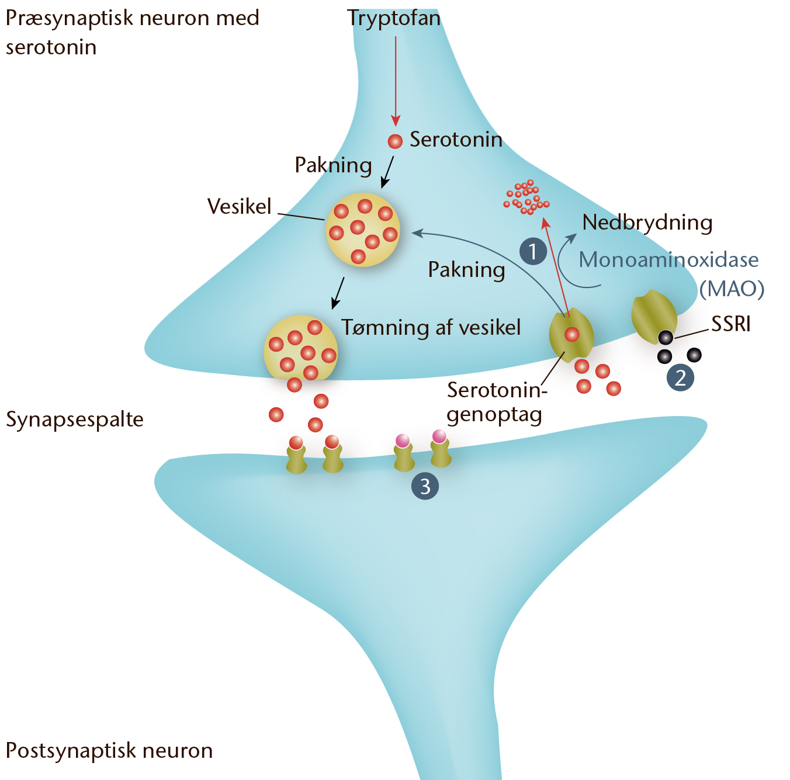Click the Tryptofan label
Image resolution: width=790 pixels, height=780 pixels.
pos(394,19)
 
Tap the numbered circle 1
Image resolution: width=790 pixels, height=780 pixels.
pos(533,251)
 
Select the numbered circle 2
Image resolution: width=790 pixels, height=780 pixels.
pos(680,377)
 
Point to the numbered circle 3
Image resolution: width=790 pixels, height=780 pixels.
pos(425,486)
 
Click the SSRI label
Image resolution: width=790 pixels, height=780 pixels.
pos(731,324)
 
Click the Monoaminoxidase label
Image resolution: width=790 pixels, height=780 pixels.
pos(668,259)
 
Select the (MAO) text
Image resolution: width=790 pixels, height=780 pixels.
pos(732,289)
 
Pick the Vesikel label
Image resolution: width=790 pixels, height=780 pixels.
pos(240,206)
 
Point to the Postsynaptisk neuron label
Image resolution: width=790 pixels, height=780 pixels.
pos(109,750)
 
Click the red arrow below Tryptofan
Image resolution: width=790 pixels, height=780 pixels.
pos(396,81)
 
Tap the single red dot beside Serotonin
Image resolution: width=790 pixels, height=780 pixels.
pos(395,141)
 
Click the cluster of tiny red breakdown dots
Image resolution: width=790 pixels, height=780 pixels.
pos(526,197)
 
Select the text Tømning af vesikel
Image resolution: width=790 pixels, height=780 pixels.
pos(431,328)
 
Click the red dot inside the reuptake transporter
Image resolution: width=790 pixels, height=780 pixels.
pos(571,335)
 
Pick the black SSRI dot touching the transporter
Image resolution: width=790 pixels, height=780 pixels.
pos(666,338)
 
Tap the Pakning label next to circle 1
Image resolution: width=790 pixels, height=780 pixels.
pos(466,271)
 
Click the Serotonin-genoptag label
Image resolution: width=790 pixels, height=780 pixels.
pos(497,403)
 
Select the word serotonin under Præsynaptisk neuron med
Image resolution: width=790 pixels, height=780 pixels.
pos(51,47)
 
